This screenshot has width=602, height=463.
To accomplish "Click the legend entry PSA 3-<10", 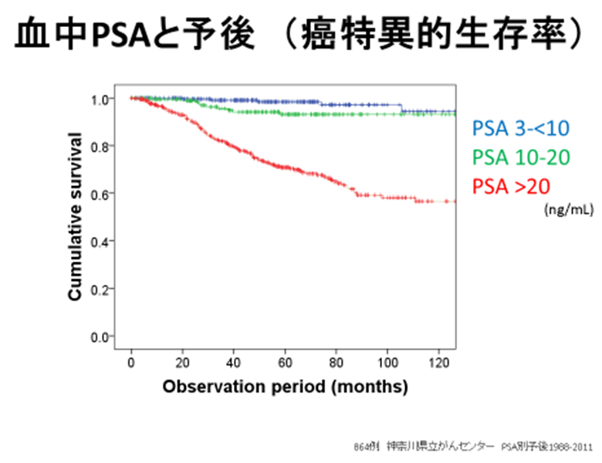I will [x=516, y=127].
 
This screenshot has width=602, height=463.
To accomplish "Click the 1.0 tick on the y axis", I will [x=101, y=99].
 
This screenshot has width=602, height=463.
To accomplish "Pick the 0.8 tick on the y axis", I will [x=101, y=146].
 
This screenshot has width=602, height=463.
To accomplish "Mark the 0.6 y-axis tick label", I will [x=101, y=194].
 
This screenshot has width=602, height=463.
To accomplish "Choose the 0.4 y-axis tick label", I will [x=101, y=242].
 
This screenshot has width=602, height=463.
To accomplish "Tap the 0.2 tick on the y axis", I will [x=101, y=289].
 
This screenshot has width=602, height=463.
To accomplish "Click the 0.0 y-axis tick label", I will [x=101, y=336].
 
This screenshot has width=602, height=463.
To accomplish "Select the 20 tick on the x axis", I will [x=183, y=363].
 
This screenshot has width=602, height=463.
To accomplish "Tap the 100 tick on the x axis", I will [x=388, y=363].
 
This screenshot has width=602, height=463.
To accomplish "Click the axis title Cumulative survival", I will [x=75, y=217].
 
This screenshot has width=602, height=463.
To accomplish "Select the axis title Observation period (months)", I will [x=285, y=387].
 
